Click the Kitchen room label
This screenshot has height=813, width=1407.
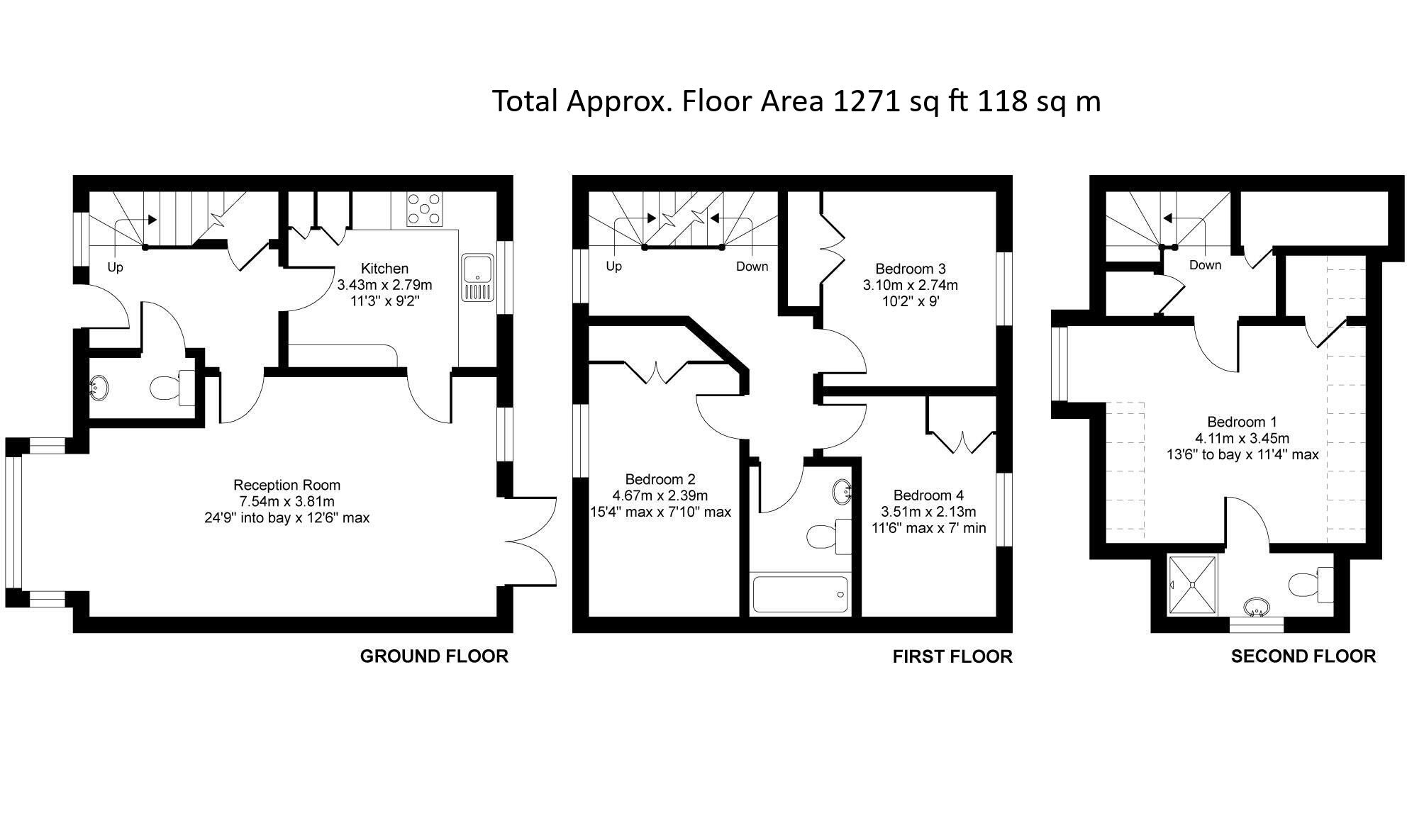tap(385, 269)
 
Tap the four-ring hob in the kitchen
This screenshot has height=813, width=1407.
tap(424, 210)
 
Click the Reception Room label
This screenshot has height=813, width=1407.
tap(287, 485)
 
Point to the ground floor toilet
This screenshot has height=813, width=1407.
tap(173, 388)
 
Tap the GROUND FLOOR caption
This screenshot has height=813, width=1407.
tap(434, 656)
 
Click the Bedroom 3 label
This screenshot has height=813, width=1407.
tap(911, 269)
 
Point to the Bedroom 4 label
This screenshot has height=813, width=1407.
tap(928, 495)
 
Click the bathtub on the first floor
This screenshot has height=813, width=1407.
tap(800, 594)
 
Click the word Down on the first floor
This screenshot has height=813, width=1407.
tap(752, 267)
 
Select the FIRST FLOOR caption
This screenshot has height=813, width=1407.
tap(952, 657)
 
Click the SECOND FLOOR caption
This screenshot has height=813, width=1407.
tap(1303, 656)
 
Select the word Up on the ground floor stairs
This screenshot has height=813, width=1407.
tap(115, 267)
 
